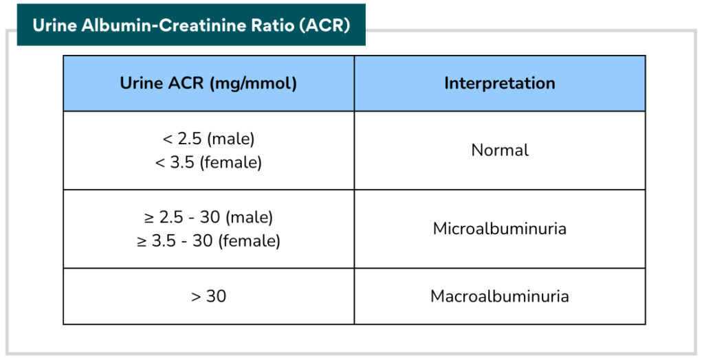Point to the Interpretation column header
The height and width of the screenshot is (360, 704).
pyautogui.click(x=500, y=83)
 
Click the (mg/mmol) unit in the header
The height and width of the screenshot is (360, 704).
pyautogui.click(x=252, y=84)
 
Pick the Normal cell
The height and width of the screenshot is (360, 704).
pyautogui.click(x=500, y=150)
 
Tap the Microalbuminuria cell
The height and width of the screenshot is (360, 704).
pyautogui.click(x=500, y=229)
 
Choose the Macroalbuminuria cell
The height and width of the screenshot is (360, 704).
pyautogui.click(x=500, y=296)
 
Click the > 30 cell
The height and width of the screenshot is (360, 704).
pyautogui.click(x=209, y=296)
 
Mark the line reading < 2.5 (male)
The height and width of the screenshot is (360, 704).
pyautogui.click(x=209, y=139)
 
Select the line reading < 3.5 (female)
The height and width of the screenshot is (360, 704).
pyautogui.click(x=208, y=162)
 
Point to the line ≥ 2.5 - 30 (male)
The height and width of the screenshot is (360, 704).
pyautogui.click(x=209, y=217)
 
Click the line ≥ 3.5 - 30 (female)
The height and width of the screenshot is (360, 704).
pyautogui.click(x=209, y=240)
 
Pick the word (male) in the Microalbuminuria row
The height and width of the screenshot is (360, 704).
pyautogui.click(x=249, y=218)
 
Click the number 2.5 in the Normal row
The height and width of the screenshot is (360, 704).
pyautogui.click(x=190, y=139)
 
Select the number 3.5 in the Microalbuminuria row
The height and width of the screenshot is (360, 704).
pyautogui.click(x=164, y=241)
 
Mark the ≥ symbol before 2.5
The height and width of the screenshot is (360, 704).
pyautogui.click(x=149, y=218)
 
